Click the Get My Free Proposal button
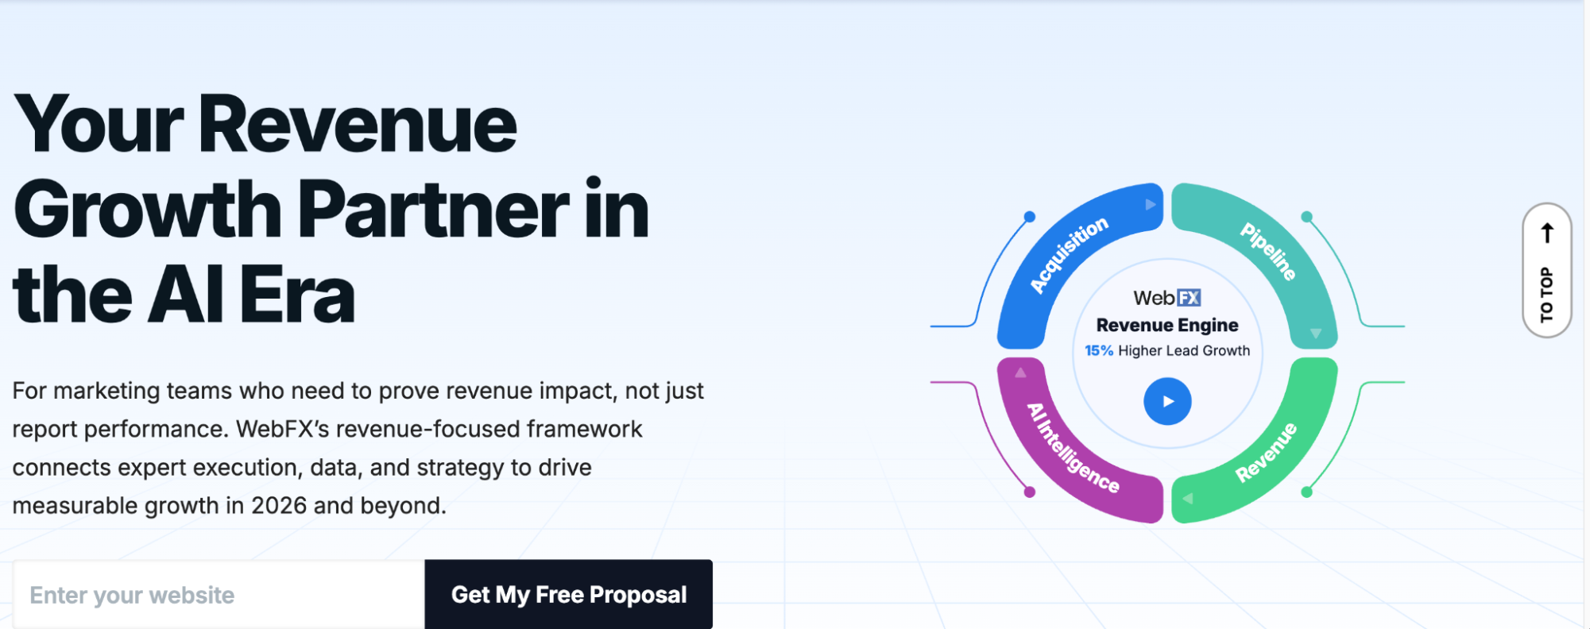(568, 594)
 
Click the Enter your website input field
(219, 594)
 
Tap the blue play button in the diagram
(1167, 401)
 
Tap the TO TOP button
(1546, 270)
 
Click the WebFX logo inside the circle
(1167, 298)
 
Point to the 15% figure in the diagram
(1099, 351)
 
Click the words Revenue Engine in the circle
(1167, 325)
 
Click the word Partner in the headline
(433, 210)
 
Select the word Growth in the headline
(148, 210)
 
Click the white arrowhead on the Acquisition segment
(1150, 205)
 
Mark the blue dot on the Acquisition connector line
(1030, 217)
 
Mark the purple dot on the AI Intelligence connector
(1030, 492)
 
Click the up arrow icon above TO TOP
(1547, 233)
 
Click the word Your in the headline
(99, 125)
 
